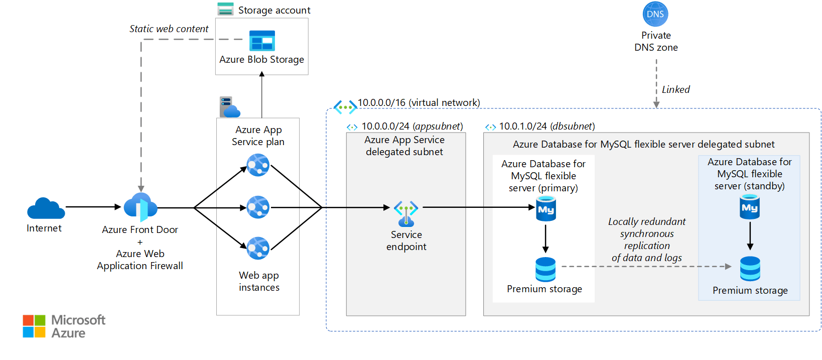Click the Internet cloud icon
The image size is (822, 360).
(x=46, y=208)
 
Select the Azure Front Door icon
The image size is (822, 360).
(x=141, y=207)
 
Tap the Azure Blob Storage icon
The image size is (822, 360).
(x=262, y=41)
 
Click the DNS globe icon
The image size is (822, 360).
(x=655, y=14)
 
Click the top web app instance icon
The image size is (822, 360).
(x=258, y=165)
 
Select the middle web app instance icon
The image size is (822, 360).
(x=258, y=207)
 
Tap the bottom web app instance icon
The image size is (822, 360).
(x=258, y=248)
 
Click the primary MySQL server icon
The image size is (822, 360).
(x=546, y=209)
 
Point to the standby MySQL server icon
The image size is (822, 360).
(x=750, y=207)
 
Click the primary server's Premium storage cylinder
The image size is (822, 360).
(x=545, y=269)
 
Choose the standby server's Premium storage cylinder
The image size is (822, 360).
(x=750, y=268)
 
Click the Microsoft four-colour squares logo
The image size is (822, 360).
(x=34, y=326)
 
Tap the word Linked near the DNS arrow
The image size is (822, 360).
(x=675, y=89)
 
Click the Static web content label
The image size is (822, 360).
(x=169, y=29)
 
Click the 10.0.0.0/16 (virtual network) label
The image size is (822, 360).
(x=419, y=103)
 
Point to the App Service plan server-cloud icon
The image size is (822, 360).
(x=229, y=107)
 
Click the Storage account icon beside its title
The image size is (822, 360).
(x=225, y=9)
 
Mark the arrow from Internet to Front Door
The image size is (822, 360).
(x=93, y=206)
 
